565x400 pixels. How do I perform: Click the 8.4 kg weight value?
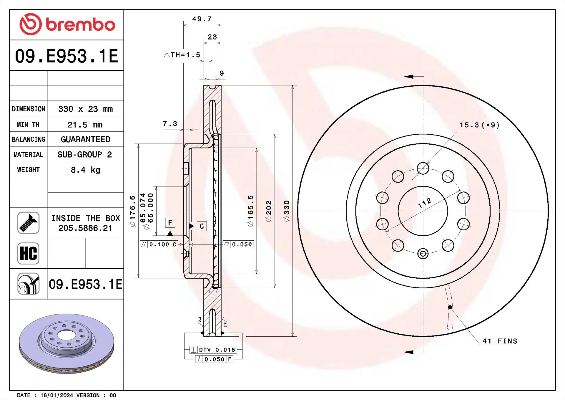point(85,170)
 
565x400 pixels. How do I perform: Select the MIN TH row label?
point(28,125)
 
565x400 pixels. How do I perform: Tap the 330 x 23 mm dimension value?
point(85,109)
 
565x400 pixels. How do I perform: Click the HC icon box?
point(28,253)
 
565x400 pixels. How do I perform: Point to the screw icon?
point(28,223)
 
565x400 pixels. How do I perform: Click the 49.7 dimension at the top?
point(202,19)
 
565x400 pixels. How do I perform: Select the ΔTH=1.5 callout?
point(182,55)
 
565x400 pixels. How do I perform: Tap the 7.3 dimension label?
point(170,124)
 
